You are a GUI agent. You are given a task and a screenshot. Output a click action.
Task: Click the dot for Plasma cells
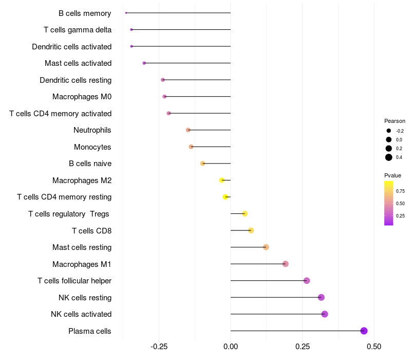pos(364,331)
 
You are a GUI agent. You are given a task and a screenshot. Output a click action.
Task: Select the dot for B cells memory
pos(126,13)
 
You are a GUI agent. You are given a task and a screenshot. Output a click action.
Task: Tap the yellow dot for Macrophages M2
pos(222,181)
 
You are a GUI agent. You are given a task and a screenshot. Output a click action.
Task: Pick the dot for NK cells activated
pos(325,314)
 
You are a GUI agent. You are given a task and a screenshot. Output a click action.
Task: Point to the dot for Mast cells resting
pos(266,247)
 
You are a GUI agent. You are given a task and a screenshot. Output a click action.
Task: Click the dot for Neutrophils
pos(188,130)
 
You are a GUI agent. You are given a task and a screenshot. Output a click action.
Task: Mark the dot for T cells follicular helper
pos(307,281)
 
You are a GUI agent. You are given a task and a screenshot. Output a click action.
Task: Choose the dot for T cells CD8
pos(251,230)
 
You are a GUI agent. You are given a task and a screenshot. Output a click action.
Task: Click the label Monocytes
pos(92,147)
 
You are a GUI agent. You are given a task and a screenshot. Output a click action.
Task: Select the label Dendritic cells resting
pos(76,80)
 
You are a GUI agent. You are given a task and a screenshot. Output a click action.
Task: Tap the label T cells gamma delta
pos(78,30)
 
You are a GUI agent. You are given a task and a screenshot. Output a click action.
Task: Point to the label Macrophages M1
pos(82,264)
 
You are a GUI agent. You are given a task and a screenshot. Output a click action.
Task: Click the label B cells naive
pos(90,164)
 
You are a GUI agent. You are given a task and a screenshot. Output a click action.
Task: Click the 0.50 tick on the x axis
pos(374,347)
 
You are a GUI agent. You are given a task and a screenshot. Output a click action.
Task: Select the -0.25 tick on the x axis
pos(159,347)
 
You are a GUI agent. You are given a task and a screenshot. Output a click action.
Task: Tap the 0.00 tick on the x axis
pos(231,347)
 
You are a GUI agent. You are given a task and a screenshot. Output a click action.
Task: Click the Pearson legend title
pos(395,121)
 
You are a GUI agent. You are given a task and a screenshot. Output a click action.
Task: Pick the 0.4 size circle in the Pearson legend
pos(389,157)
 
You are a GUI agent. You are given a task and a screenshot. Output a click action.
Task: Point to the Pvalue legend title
pos(393,175)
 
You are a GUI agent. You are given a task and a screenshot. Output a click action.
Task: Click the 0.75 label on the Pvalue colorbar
pos(400,191)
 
